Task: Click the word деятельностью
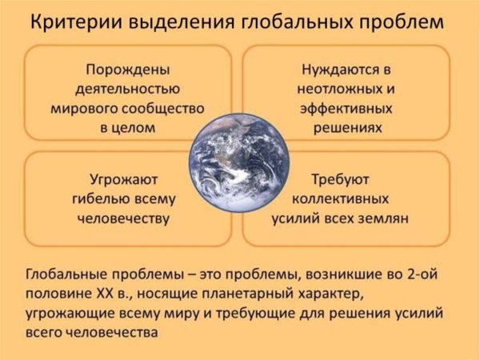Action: pos(128,87)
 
